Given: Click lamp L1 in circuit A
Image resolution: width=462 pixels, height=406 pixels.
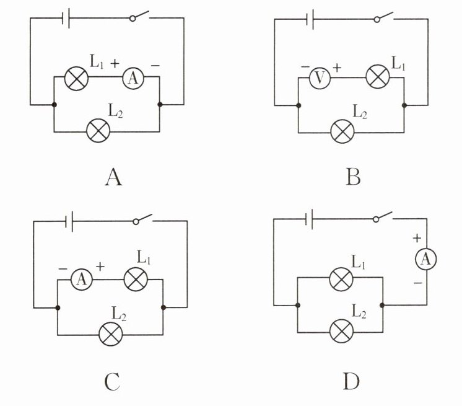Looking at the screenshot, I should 77,78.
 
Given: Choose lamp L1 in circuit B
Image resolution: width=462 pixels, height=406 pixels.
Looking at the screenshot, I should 377,78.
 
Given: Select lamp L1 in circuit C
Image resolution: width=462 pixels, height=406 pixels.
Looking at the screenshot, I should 136,280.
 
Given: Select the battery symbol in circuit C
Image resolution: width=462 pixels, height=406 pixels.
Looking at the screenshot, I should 72,220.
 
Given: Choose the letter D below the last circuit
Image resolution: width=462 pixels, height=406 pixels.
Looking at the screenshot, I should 352,381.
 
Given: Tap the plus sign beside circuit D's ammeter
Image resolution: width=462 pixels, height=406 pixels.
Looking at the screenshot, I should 416,237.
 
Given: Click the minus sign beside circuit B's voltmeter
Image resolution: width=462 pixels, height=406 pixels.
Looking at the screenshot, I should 305,66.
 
